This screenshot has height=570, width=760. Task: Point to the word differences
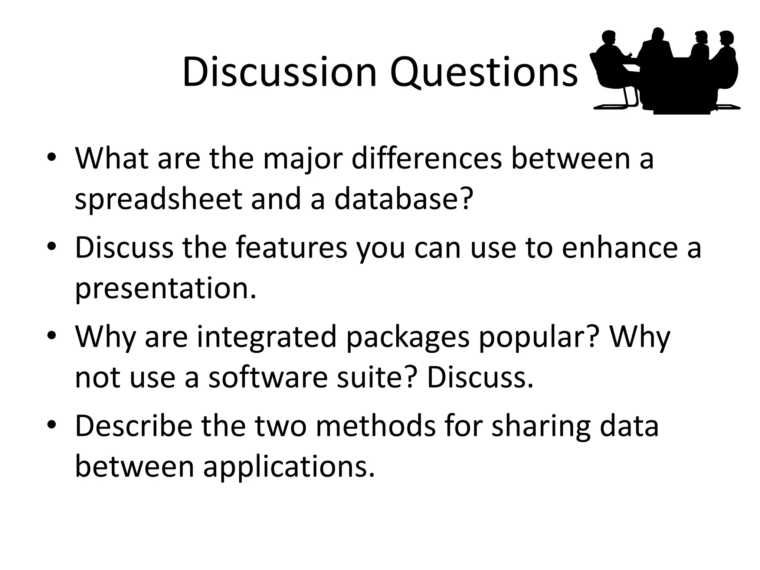pos(426,158)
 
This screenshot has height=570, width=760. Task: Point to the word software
pos(268,377)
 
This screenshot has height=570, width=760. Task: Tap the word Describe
pos(134,426)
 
